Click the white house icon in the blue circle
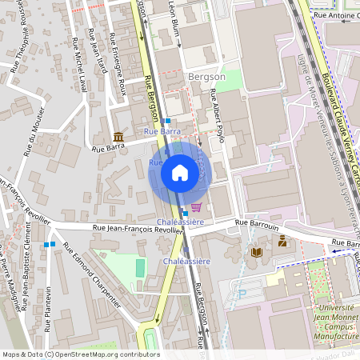click(x=180, y=173)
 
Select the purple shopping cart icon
click(x=196, y=207)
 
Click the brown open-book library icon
click(x=256, y=253)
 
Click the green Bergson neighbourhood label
click(x=206, y=77)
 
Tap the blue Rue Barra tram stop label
click(x=162, y=130)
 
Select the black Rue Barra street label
click(x=108, y=147)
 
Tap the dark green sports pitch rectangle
click(x=141, y=268)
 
